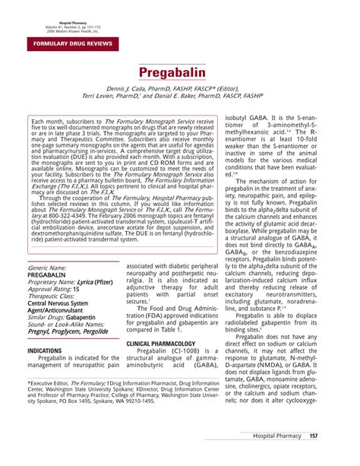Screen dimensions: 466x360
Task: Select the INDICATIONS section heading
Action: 45,351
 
